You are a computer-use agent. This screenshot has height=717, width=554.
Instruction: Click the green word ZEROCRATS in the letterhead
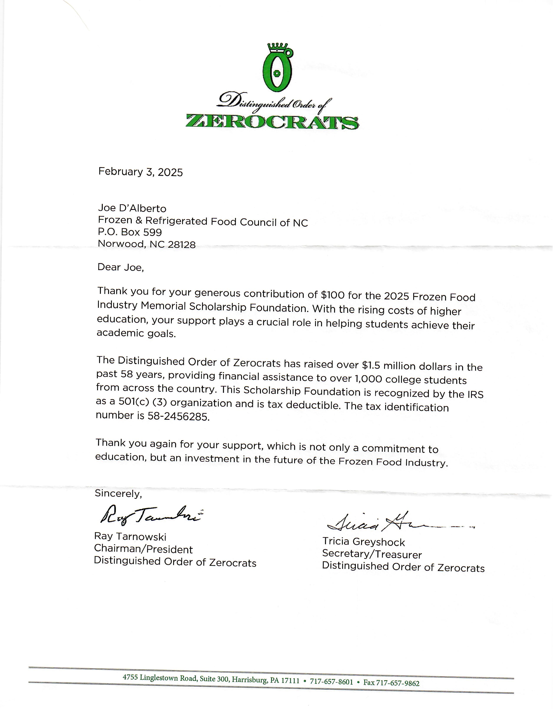coord(272,122)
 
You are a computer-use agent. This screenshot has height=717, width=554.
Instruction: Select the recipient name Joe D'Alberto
coord(132,208)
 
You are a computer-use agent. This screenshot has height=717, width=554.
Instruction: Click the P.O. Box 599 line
coord(130,232)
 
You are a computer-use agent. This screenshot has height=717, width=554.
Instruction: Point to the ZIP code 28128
coord(181,245)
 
